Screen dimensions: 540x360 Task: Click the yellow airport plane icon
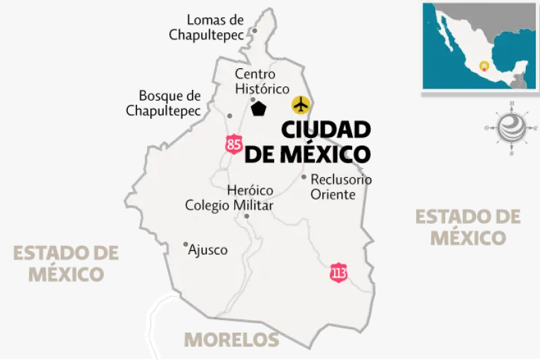[301, 105]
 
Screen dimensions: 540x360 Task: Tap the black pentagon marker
[259, 109]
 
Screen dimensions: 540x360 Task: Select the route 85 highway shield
[234, 145]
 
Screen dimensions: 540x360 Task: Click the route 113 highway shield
[339, 273]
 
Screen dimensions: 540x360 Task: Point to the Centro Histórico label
[262, 82]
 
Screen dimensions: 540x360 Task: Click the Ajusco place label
[208, 250]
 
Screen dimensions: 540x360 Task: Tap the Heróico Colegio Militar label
[229, 198]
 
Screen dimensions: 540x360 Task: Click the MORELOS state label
[231, 340]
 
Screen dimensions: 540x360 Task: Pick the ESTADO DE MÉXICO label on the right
[468, 226]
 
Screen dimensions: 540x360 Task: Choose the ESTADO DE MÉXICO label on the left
[65, 262]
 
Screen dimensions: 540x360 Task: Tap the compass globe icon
[510, 127]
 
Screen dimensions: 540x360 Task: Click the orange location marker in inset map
[483, 66]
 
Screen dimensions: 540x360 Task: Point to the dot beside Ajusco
[186, 245]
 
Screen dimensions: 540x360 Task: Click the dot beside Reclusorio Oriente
[304, 176]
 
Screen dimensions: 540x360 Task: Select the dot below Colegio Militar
[247, 216]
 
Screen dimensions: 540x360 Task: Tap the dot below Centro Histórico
[253, 99]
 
